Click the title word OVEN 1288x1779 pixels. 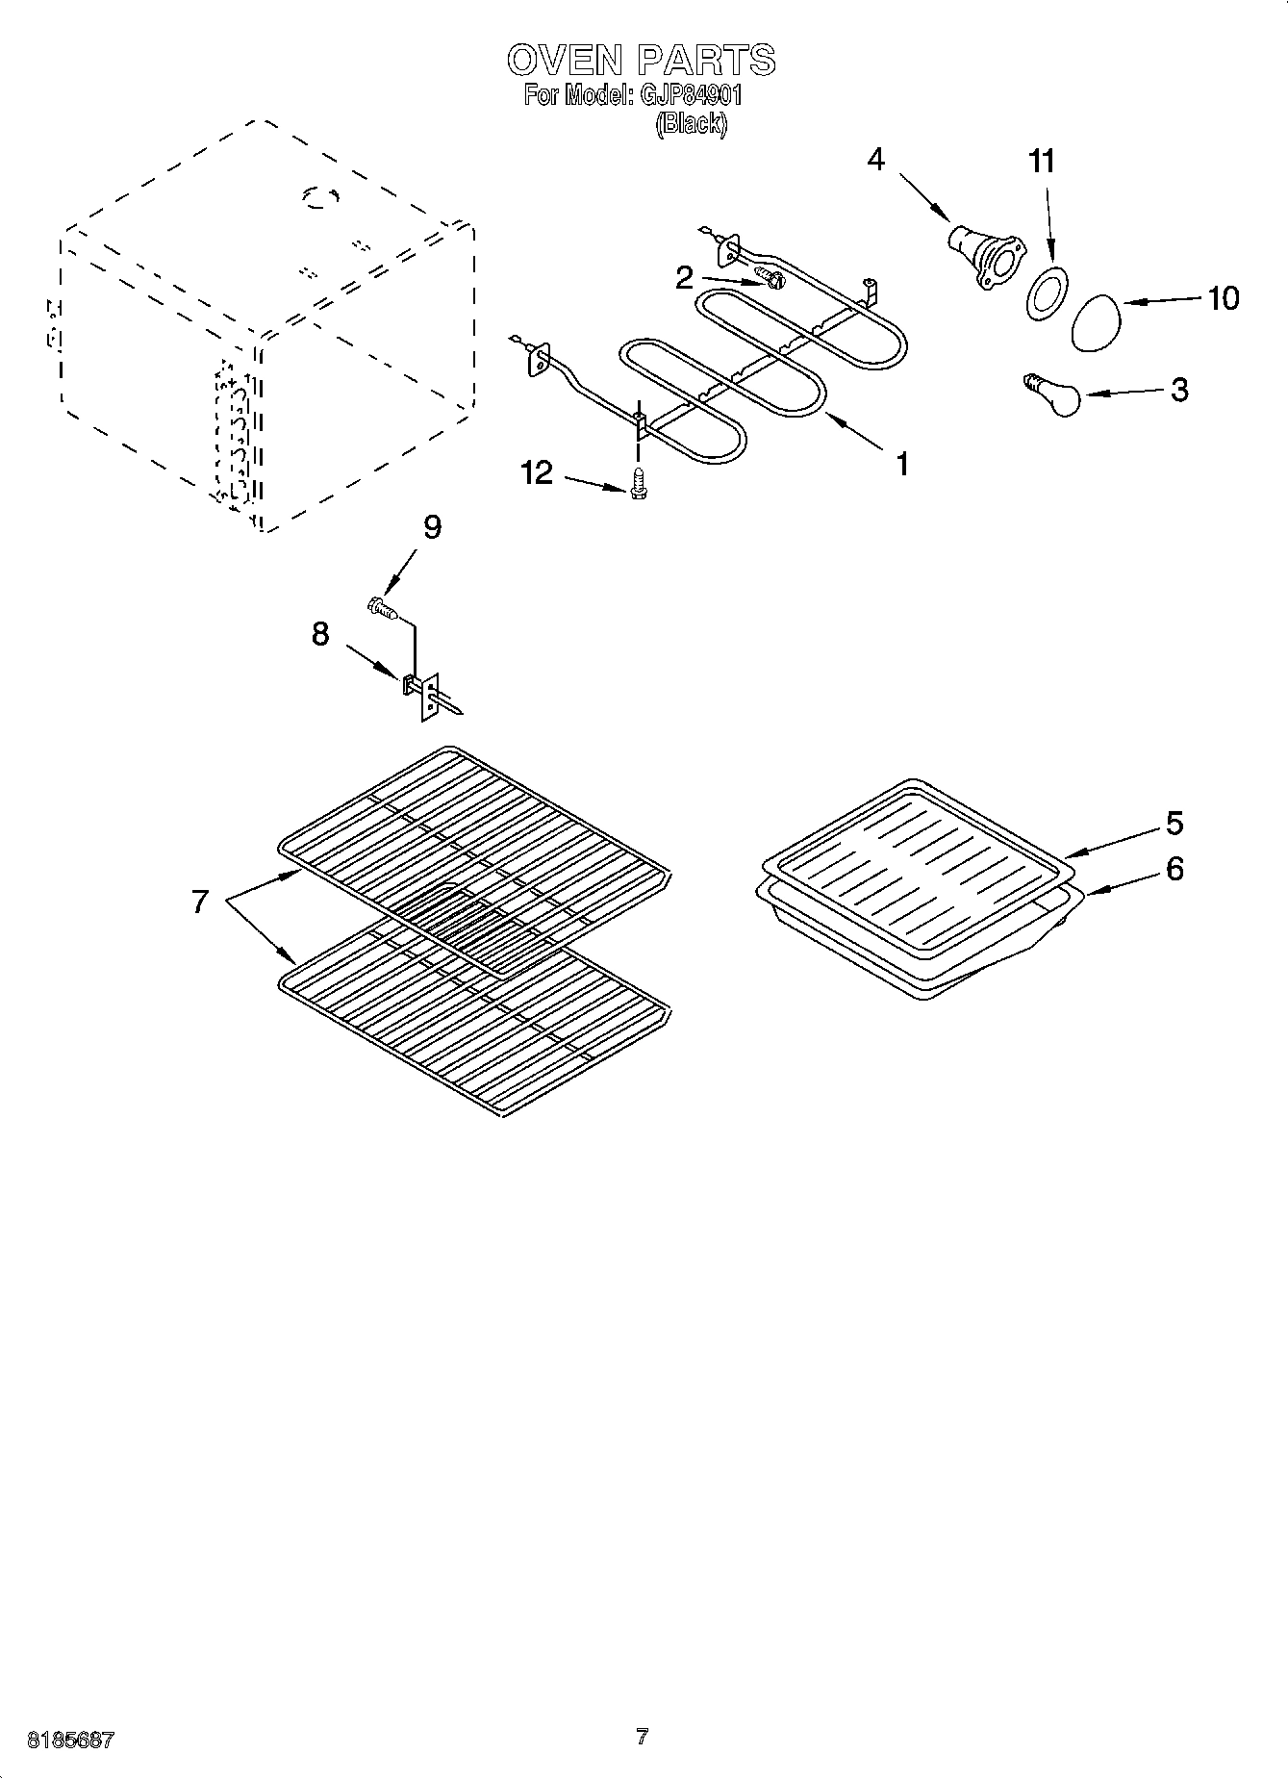click(564, 60)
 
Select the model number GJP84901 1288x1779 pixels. click(685, 95)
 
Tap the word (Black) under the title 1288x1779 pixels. click(692, 124)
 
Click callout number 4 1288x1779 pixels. click(875, 159)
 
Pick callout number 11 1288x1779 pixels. click(1042, 161)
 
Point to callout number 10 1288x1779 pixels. click(1223, 298)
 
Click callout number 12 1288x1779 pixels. click(538, 472)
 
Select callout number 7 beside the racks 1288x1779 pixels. click(199, 902)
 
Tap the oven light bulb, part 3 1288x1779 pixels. click(1053, 395)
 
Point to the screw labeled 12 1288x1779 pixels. click(636, 483)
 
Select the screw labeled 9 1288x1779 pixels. click(382, 607)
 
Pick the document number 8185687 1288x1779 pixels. click(72, 1740)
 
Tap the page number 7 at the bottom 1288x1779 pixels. click(642, 1737)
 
